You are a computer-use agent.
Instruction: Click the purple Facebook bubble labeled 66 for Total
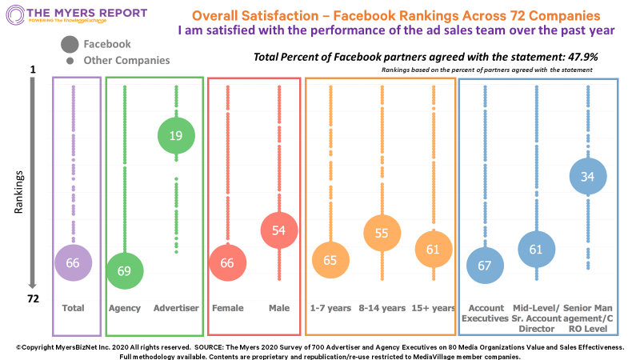73,262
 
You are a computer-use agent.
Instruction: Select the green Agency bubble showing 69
124,271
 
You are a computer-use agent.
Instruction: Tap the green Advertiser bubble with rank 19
176,135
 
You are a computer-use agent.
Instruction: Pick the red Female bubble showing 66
228,263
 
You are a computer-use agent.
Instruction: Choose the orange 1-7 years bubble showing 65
330,260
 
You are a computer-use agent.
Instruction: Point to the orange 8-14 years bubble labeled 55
382,233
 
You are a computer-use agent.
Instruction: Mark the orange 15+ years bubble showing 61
433,249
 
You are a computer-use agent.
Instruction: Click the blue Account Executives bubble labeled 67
484,265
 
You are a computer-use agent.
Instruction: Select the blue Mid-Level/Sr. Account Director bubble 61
536,250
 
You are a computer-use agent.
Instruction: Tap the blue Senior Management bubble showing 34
587,177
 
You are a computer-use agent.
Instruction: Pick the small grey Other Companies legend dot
70,61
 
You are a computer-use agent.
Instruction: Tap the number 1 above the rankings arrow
33,70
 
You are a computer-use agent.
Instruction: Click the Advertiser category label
176,308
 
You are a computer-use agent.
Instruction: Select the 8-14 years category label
382,308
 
